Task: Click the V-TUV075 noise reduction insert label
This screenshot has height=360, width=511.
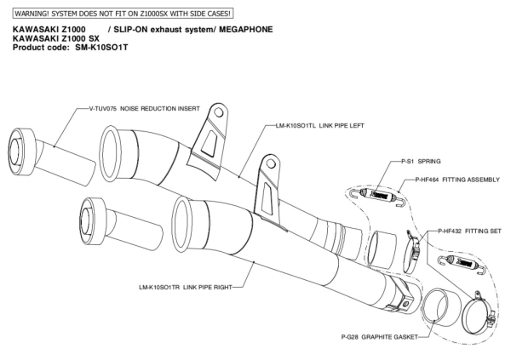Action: (x=144, y=109)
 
